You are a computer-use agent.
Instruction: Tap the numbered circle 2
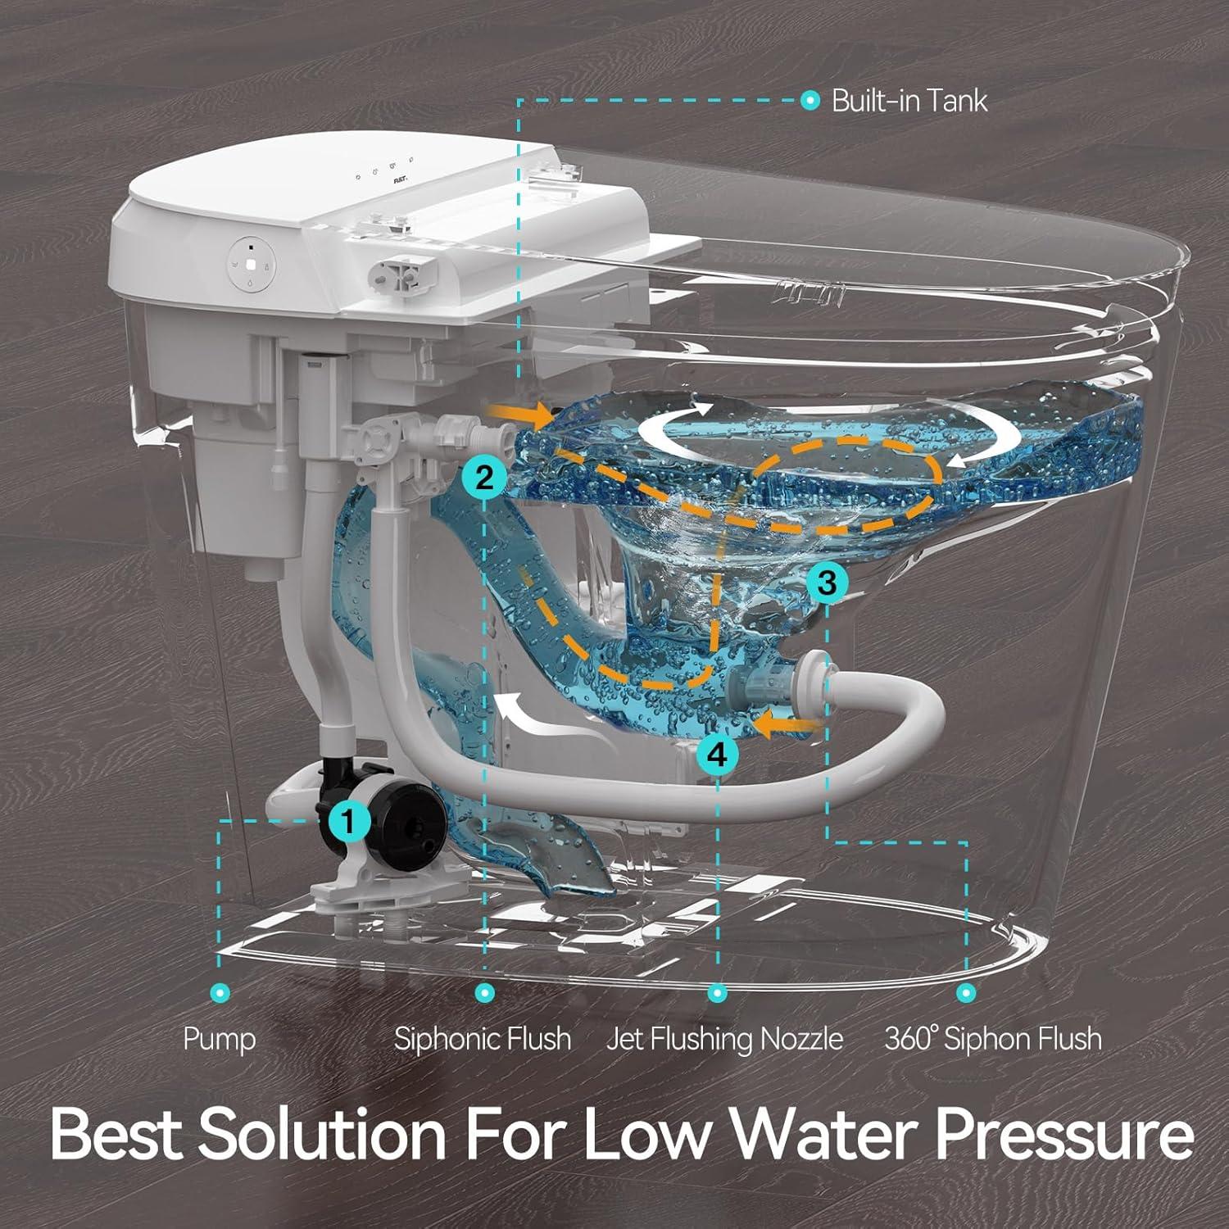coord(485,476)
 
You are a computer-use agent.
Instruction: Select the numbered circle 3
coord(827,583)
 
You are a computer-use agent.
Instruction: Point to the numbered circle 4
coord(717,754)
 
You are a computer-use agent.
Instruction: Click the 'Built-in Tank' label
coord(909,101)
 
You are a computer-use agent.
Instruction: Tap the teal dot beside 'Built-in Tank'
coord(810,101)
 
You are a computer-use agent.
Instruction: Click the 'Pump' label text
coord(220,1039)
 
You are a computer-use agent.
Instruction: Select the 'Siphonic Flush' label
coord(483,1039)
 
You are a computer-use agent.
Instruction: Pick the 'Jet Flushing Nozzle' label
coord(725,1039)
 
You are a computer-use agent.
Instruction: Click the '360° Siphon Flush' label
coord(993,1039)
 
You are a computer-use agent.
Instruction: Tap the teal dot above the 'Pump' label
coord(220,993)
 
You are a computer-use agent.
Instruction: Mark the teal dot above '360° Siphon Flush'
coord(967,993)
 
